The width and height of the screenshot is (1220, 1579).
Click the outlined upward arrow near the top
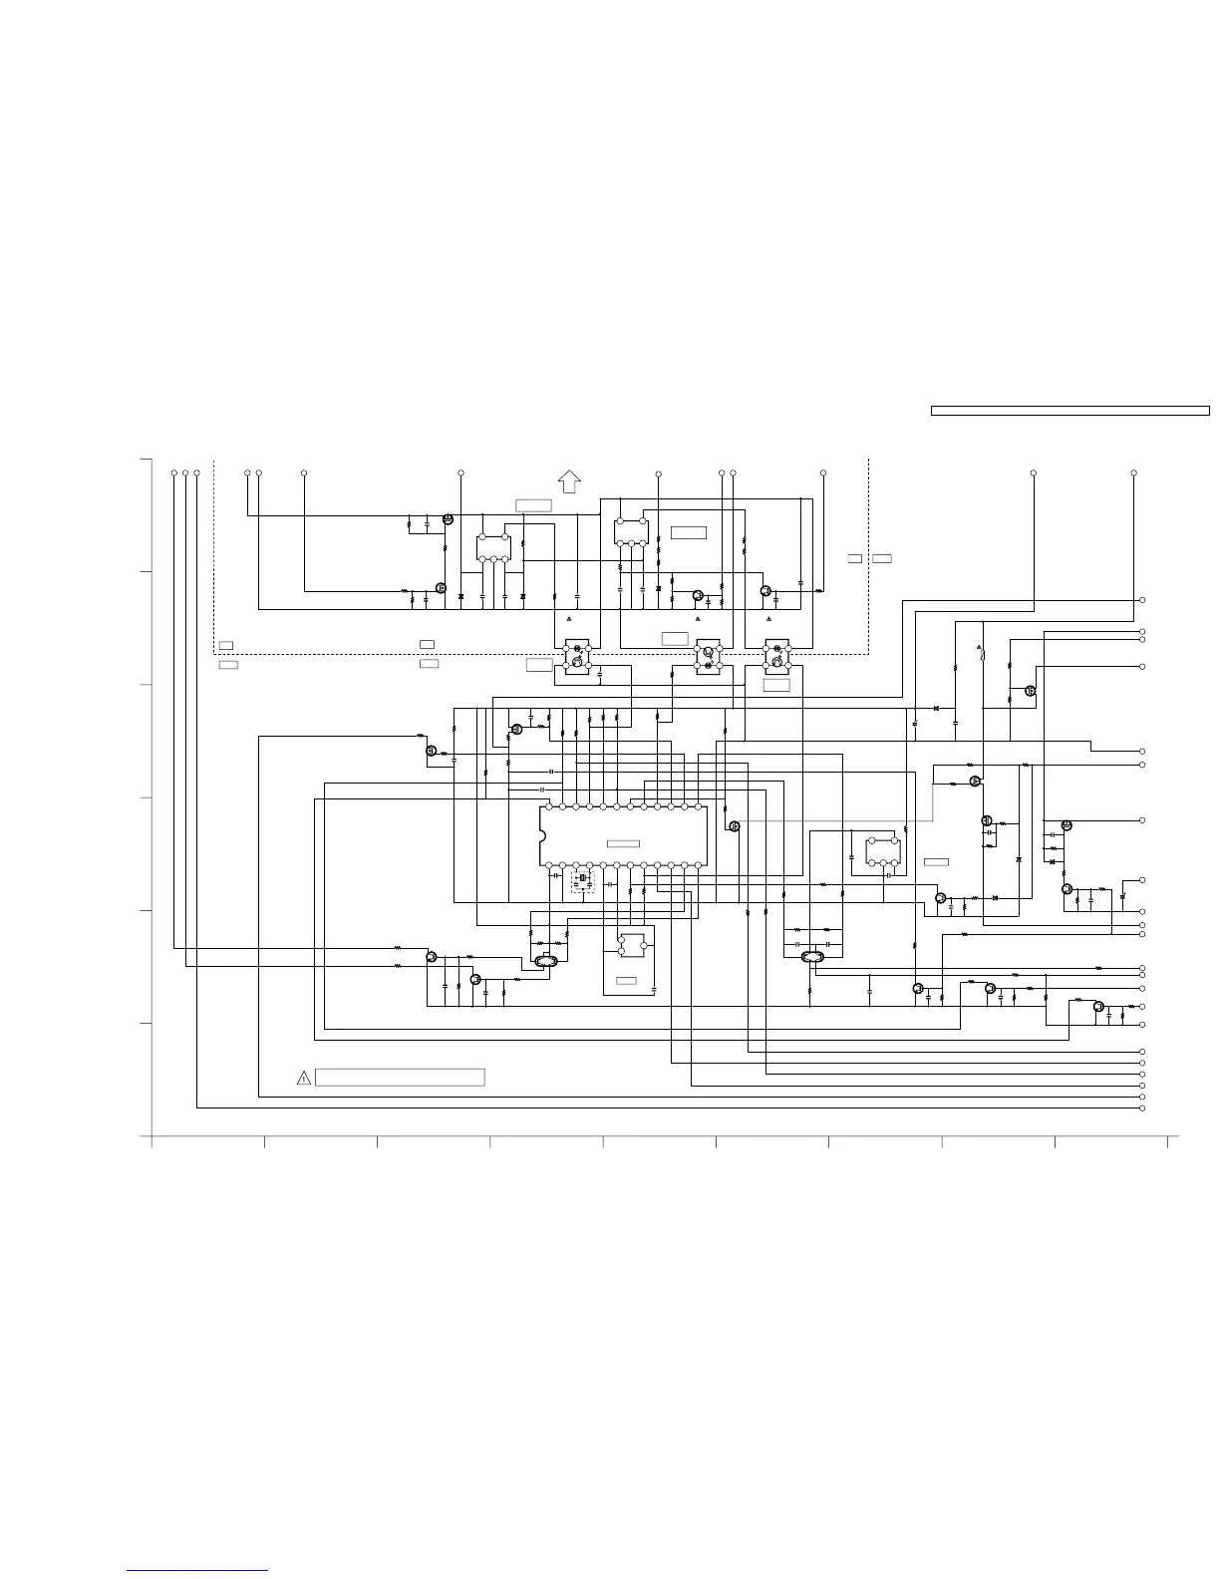tap(569, 480)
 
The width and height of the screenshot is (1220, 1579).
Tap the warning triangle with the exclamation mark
tap(304, 1078)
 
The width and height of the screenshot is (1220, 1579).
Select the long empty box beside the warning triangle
tap(400, 1078)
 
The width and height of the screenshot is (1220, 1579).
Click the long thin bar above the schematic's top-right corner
tap(1069, 410)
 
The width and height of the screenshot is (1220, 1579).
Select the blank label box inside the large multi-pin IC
tap(623, 844)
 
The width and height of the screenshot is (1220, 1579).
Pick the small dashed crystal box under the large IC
tap(582, 881)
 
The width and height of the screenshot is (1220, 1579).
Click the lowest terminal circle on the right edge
tap(1142, 1107)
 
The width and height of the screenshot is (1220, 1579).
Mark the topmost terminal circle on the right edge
tap(1142, 600)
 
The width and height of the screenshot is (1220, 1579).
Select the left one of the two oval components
tap(544, 961)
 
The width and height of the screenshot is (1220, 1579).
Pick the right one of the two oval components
tap(812, 958)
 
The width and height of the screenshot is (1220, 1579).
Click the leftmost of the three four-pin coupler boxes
tap(577, 656)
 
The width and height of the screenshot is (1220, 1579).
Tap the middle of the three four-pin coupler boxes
tap(708, 656)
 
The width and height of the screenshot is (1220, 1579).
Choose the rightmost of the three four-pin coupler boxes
tap(776, 656)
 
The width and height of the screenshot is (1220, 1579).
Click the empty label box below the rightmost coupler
tap(776, 685)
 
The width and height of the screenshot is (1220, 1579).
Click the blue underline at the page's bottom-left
tap(198, 1572)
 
